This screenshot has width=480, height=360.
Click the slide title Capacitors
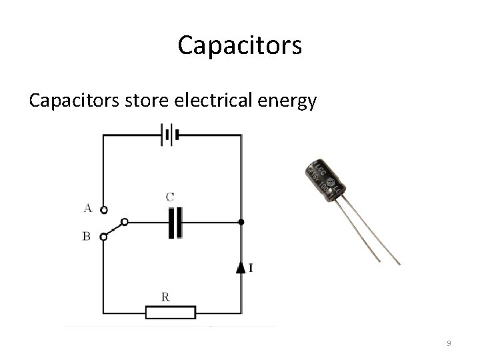click(x=240, y=46)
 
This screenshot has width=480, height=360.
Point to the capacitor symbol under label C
click(x=175, y=223)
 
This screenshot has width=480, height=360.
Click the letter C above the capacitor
click(x=170, y=197)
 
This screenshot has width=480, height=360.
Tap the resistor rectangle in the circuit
click(x=171, y=312)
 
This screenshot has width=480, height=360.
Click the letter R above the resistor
click(x=165, y=297)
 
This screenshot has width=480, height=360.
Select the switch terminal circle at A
click(x=103, y=210)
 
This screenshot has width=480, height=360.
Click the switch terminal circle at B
click(x=103, y=236)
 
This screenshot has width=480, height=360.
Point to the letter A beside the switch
click(x=87, y=208)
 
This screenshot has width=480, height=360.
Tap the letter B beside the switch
click(x=87, y=236)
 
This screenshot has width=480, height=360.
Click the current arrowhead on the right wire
click(x=241, y=267)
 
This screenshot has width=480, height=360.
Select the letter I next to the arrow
click(x=250, y=268)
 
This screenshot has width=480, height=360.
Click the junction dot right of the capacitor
click(x=241, y=222)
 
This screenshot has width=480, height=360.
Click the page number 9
click(x=449, y=343)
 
